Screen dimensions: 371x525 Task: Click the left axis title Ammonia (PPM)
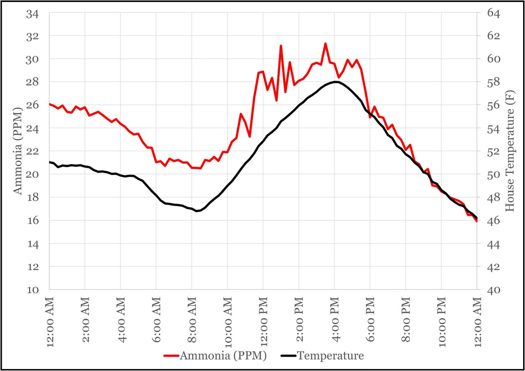click(18, 152)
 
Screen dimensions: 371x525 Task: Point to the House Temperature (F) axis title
click(510, 152)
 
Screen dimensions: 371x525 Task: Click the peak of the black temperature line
click(335, 82)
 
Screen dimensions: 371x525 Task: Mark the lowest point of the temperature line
click(196, 211)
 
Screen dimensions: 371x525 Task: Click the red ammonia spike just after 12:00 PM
click(281, 46)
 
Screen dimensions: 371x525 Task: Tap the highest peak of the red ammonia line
click(325, 43)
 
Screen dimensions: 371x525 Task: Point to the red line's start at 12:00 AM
click(50, 104)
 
